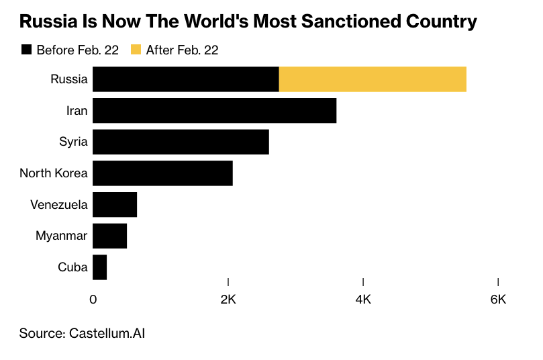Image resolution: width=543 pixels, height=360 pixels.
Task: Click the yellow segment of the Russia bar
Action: click(373, 79)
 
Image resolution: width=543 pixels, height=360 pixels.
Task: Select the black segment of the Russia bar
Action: click(185, 79)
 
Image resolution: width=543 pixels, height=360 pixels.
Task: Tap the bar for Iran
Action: click(214, 111)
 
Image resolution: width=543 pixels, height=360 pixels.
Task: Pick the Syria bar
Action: click(181, 142)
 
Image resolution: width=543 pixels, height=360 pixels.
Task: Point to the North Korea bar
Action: click(162, 173)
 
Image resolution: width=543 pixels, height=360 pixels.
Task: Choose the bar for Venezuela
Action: click(115, 204)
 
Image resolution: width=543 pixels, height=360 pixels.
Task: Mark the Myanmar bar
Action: click(109, 236)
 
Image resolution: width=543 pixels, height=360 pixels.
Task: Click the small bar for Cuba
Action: click(100, 267)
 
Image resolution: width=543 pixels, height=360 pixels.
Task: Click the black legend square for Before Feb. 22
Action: click(26, 50)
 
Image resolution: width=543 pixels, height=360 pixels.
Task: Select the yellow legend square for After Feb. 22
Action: click(136, 50)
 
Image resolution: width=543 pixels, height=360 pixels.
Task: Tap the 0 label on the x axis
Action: click(93, 300)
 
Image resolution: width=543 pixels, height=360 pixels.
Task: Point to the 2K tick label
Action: click(228, 300)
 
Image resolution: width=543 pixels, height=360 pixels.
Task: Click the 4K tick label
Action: click(363, 300)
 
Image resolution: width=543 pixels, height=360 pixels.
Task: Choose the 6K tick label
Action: click(498, 300)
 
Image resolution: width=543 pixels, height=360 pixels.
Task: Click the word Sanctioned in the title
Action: click(356, 21)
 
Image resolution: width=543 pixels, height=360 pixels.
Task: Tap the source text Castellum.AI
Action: click(107, 332)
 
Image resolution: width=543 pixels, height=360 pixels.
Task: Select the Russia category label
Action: click(69, 79)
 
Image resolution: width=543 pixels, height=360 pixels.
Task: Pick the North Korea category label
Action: click(54, 173)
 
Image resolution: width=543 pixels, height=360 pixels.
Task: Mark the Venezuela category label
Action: click(59, 204)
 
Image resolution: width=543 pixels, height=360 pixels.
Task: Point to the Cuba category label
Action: click(73, 267)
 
